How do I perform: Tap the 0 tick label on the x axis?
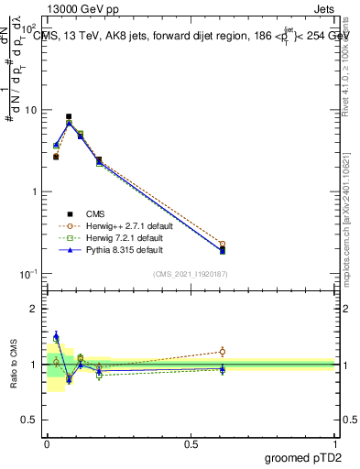click(47, 444)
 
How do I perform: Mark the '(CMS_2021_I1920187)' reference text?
click(190, 273)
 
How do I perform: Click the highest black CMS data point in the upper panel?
click(69, 117)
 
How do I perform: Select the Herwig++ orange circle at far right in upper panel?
click(223, 245)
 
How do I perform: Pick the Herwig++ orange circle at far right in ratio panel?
click(223, 351)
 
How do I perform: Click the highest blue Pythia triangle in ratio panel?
click(56, 336)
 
